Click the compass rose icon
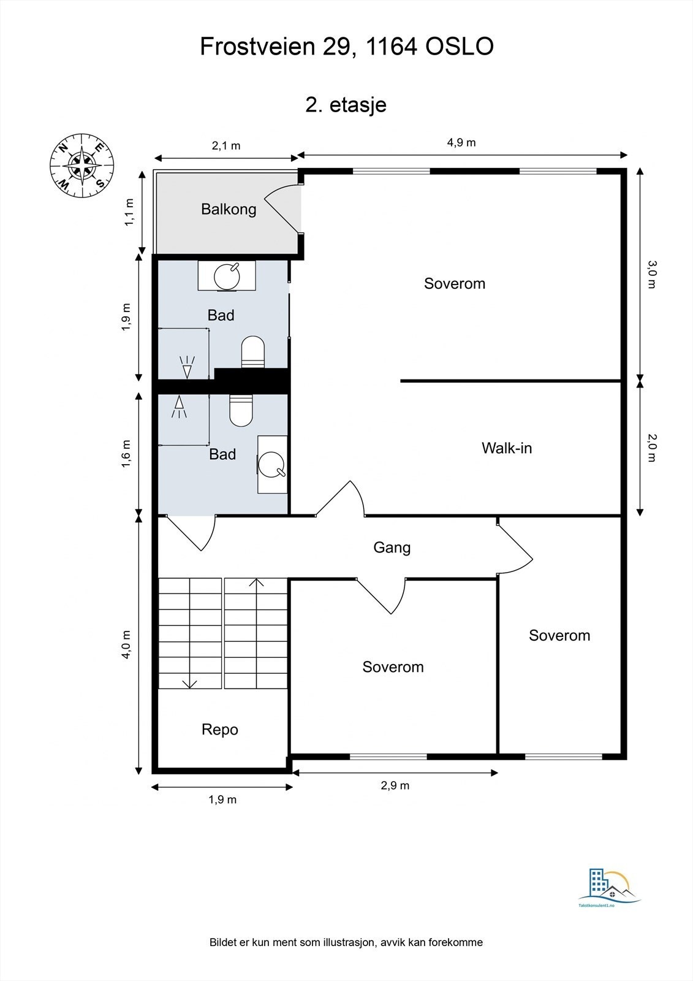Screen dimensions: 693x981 click(82, 166)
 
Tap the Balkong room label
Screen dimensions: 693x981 click(229, 209)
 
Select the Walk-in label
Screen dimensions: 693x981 click(507, 448)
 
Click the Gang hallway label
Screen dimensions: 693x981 click(392, 548)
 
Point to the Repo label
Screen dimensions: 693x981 click(220, 730)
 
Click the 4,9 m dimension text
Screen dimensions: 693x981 click(461, 143)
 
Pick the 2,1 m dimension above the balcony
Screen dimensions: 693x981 click(226, 146)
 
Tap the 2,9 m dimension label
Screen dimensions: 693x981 click(395, 785)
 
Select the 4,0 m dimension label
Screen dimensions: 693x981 click(126, 644)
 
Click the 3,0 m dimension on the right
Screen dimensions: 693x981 click(652, 274)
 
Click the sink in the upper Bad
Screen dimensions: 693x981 click(227, 275)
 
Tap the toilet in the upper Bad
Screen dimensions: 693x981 click(253, 352)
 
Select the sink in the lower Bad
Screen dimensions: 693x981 click(272, 464)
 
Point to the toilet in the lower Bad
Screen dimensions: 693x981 click(241, 410)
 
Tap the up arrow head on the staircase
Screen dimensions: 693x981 click(257, 582)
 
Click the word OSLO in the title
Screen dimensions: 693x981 click(460, 47)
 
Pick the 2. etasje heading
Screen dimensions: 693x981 click(346, 105)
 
